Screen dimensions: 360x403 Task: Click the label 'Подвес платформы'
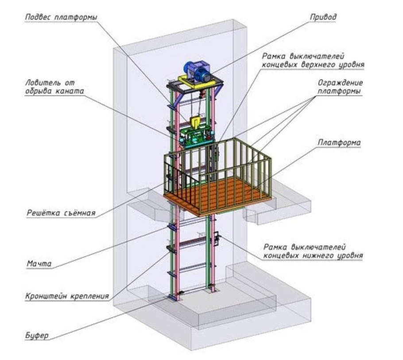click(x=61, y=17)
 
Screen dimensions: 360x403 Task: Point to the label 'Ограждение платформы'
click(x=340, y=87)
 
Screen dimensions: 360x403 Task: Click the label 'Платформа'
click(x=339, y=143)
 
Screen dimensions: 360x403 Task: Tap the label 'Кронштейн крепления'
click(x=67, y=296)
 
